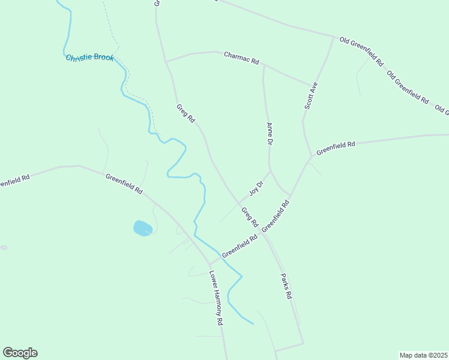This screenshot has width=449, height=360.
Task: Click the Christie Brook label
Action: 89,58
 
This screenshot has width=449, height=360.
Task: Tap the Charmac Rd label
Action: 241,58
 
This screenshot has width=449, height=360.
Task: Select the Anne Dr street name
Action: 270,134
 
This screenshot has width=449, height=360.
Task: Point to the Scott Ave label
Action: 310,95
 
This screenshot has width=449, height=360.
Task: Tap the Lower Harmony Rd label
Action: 216,298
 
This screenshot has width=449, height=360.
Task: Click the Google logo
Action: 20,353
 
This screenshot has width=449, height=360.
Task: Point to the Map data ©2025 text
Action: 423,355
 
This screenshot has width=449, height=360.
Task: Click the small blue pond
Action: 142,228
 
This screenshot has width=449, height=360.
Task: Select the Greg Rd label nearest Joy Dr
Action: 250,217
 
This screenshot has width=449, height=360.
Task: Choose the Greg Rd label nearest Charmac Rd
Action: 185,114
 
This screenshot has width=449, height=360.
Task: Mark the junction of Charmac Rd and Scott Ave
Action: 313,85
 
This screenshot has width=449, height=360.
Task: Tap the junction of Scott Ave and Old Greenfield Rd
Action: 333,37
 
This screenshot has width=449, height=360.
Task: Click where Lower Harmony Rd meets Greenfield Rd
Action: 208,263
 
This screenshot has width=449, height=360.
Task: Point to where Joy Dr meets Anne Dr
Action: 271,172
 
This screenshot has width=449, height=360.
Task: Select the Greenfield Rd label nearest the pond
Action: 124,184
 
